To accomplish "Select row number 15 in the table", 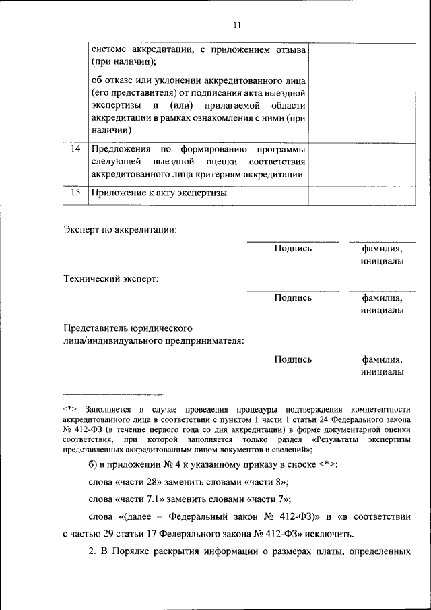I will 77,193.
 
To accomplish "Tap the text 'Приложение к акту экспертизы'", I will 158,193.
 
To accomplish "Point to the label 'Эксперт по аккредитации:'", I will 121,230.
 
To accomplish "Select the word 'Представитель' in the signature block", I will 94,328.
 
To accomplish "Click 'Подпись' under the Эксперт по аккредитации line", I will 293,249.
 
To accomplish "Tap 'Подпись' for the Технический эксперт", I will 293,297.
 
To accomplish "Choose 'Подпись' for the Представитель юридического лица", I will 293,359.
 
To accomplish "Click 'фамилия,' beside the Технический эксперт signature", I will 382,297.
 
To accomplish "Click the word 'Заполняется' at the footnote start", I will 110,408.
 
